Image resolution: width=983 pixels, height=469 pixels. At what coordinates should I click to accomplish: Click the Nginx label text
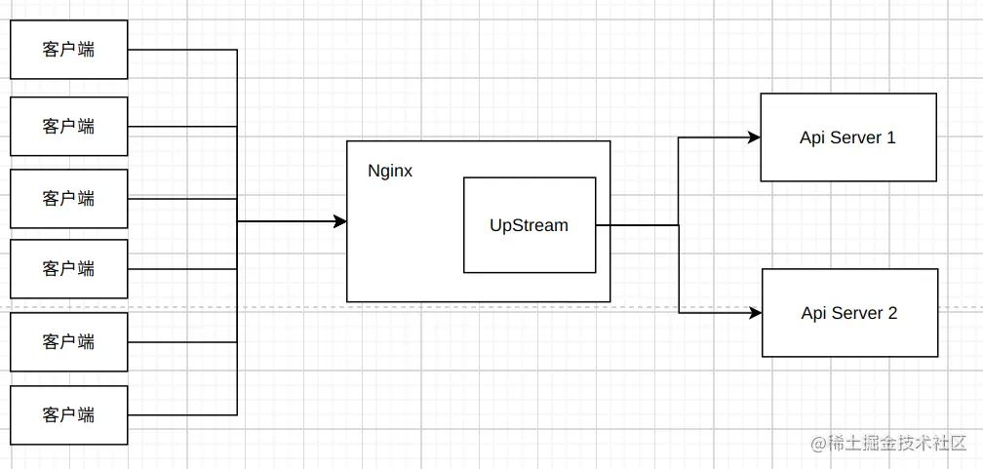(389, 171)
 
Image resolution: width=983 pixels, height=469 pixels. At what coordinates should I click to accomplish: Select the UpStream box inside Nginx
(529, 225)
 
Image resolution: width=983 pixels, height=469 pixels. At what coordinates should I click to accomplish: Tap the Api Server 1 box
(847, 137)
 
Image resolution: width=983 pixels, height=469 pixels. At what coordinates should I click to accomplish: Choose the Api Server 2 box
(848, 313)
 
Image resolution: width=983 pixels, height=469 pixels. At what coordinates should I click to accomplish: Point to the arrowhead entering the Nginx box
(340, 221)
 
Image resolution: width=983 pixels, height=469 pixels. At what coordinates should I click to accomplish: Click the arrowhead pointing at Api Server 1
(754, 137)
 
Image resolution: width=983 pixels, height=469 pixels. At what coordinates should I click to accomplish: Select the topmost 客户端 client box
(68, 50)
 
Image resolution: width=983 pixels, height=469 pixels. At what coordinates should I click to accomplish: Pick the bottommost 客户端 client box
(68, 414)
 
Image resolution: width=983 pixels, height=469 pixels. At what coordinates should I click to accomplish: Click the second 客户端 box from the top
(68, 126)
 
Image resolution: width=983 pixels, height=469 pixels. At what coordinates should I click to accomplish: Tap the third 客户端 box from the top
(68, 198)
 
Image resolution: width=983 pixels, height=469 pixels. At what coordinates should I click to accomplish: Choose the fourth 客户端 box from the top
(68, 268)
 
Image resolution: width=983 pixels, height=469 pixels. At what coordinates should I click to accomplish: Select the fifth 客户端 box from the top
(68, 341)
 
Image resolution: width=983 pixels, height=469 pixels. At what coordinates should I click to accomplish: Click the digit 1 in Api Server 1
(890, 137)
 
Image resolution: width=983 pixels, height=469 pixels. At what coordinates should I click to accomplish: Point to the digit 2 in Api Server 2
(891, 313)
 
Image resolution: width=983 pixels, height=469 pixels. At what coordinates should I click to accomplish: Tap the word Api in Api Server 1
(812, 137)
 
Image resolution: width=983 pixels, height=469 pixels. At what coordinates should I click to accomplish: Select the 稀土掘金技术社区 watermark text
(895, 444)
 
